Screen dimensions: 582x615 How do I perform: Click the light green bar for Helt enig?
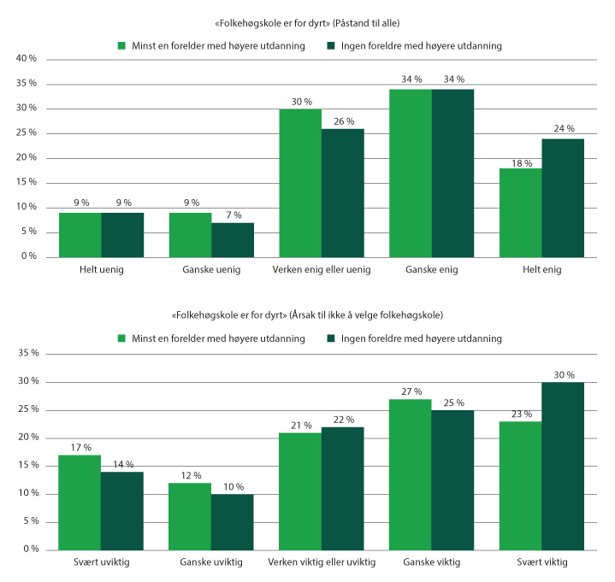coord(520,212)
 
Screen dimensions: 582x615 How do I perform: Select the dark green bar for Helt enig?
coord(563,197)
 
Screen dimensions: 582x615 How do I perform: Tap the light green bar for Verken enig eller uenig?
coord(300,183)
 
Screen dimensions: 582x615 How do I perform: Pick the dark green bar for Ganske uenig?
coord(233,239)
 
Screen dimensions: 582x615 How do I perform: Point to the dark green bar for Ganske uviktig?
coord(233,521)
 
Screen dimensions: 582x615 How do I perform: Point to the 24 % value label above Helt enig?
coord(563,130)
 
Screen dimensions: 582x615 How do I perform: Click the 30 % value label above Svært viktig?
coord(563,374)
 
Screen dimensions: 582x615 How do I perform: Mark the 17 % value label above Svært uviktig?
coord(80,447)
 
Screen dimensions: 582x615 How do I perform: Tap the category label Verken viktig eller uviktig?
coord(322,563)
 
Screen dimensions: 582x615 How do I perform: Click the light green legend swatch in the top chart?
coord(121,44)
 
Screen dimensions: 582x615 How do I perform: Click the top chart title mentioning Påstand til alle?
coord(308,21)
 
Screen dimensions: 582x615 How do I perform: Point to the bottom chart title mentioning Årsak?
coord(308,315)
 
